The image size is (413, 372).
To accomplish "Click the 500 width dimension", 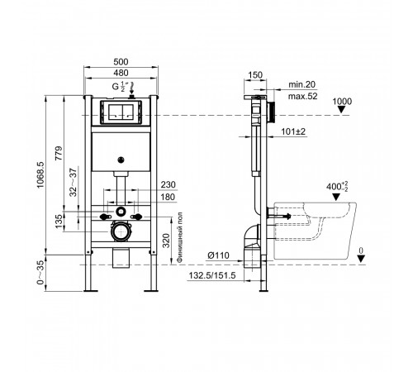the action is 121,62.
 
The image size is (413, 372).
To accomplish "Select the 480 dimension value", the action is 121,73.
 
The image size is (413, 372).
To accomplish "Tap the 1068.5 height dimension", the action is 40,175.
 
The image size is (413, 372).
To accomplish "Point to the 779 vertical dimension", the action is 59,153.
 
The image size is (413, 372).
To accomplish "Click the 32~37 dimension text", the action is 74,182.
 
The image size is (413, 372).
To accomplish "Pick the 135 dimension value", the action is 59,222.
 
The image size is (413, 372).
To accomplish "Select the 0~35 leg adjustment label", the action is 40,272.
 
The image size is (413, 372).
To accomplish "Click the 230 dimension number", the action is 168,184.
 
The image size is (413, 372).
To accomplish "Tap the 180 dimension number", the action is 168,197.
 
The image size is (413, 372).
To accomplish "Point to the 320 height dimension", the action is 166,241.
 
